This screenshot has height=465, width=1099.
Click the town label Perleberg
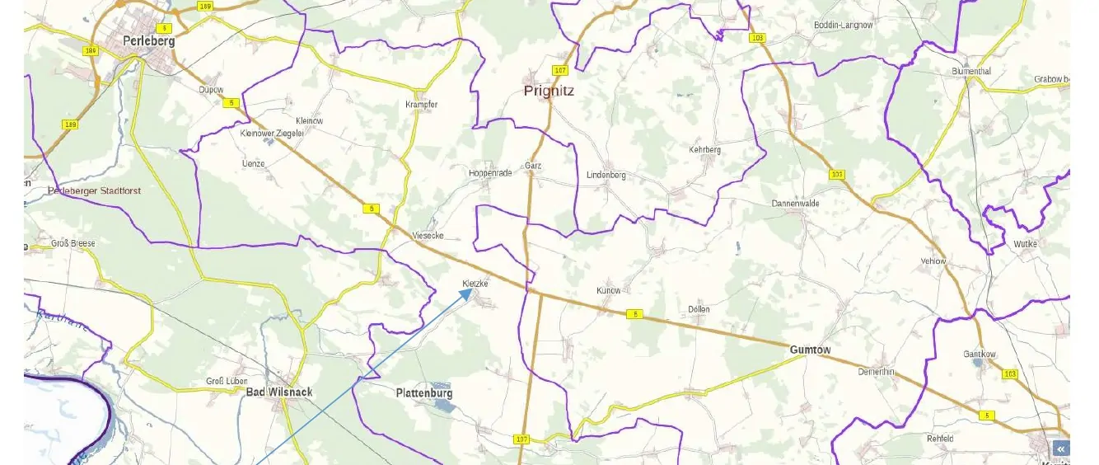coord(148,40)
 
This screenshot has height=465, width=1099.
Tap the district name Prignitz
coord(549,91)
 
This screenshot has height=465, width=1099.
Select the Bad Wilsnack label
coord(279,392)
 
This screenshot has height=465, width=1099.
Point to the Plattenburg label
coord(424,393)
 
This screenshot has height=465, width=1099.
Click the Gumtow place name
coord(810,350)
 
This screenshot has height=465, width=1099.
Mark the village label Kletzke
coord(475,284)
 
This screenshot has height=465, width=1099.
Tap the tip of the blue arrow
coord(472,289)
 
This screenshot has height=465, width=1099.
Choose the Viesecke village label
coord(428,236)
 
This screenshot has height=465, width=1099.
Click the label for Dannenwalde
coord(795,203)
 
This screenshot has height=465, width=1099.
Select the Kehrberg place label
coord(704,150)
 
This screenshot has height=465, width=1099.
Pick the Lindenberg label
coord(606,176)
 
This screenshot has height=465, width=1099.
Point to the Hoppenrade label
coord(490,173)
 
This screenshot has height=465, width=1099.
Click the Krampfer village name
coord(421,105)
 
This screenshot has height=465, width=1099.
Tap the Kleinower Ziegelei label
coord(272,133)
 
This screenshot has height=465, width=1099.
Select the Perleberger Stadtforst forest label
coord(94,190)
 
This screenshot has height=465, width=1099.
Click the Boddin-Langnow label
coord(843,26)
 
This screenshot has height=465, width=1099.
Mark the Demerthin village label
coord(876,372)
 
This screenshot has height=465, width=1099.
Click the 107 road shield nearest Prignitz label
coord(561,70)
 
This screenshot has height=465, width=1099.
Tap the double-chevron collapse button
coord(1061,449)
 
